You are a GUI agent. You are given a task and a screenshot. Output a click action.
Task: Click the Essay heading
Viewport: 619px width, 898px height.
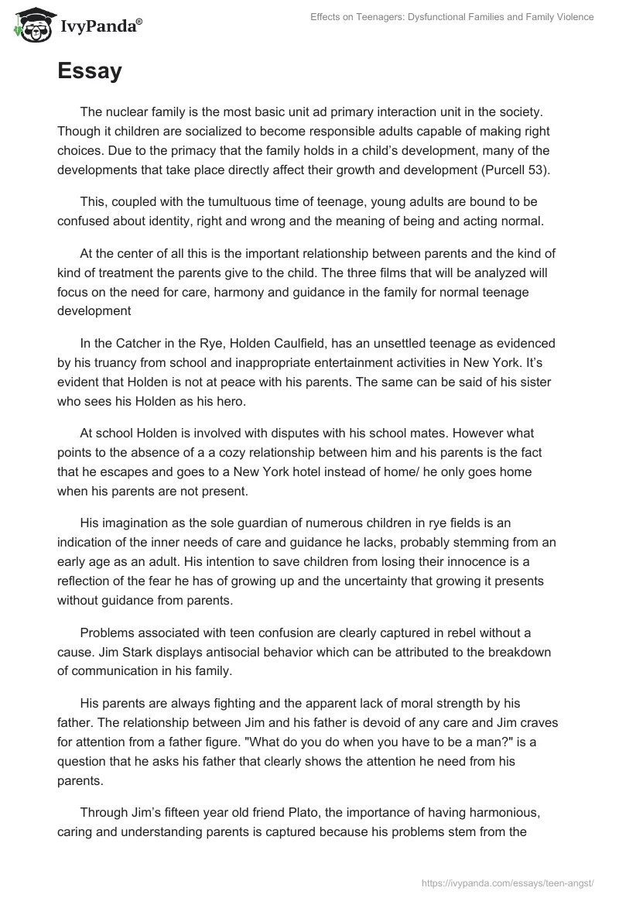pos(90,72)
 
